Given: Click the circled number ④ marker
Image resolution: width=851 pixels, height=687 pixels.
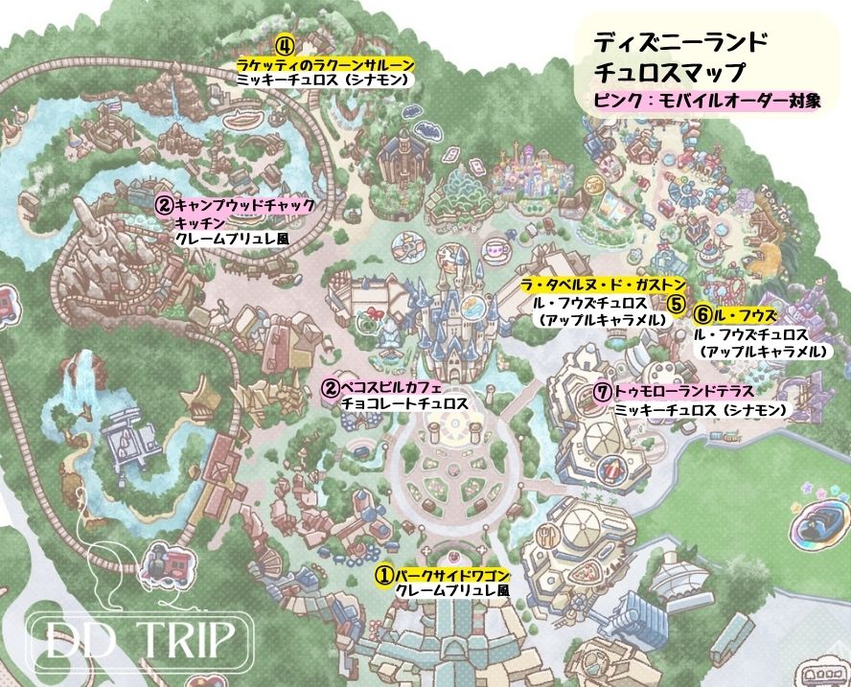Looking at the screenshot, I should point(285,45).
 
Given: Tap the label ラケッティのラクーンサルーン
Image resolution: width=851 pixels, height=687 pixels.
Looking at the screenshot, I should point(326,63).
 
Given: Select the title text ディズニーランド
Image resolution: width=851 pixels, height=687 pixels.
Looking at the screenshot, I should point(679,43).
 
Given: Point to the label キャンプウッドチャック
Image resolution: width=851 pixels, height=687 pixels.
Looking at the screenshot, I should point(244,204).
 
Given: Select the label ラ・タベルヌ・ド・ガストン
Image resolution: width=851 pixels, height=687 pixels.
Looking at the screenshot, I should point(603,285).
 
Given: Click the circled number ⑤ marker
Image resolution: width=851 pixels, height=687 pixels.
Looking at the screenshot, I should point(677,304).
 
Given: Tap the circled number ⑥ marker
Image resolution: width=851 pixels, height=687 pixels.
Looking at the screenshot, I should point(703,314).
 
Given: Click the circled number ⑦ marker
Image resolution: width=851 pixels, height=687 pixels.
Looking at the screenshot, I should point(603,392).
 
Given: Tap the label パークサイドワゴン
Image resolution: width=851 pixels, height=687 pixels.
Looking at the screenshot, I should point(452,575).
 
